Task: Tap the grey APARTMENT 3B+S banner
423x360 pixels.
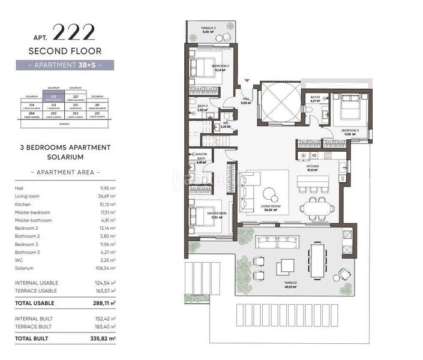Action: coord(65,65)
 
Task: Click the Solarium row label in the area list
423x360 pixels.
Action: coord(23,269)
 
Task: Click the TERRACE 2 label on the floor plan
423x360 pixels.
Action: coord(208,30)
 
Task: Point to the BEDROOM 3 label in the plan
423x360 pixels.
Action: coord(350,132)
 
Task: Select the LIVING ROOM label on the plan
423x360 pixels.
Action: coord(270,208)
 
